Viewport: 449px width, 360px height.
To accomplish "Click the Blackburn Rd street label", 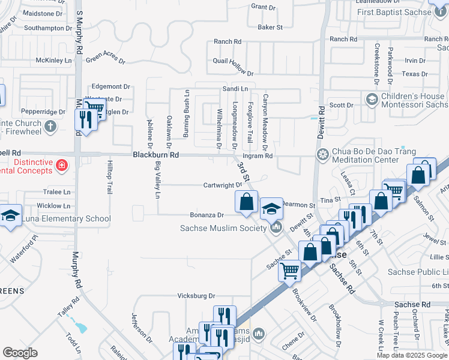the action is coord(155,155).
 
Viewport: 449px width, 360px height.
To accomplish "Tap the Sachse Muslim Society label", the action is coord(223,228).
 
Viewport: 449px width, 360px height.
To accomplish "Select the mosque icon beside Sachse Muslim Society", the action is coord(276,227).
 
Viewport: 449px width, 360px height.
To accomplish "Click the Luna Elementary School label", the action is coord(66,218).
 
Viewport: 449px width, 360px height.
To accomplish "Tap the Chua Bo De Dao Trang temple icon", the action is coord(323,155).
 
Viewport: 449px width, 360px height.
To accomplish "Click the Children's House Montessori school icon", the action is coord(372,98).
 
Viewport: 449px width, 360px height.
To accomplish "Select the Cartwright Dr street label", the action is coord(222,185).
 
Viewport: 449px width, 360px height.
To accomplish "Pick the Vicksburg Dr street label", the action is coord(196,296).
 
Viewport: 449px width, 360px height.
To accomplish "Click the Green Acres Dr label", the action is coord(105,59).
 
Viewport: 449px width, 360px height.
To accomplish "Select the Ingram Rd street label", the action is coord(261,156).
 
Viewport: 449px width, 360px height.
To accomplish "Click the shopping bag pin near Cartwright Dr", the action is coord(246,202).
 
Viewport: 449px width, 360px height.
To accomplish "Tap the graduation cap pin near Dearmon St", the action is coord(271,209).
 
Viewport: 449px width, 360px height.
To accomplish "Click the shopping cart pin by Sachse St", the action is coord(290,271).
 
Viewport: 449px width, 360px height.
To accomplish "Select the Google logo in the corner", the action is coord(20,353).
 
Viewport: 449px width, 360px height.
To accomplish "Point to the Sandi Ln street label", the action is coord(235,88).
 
